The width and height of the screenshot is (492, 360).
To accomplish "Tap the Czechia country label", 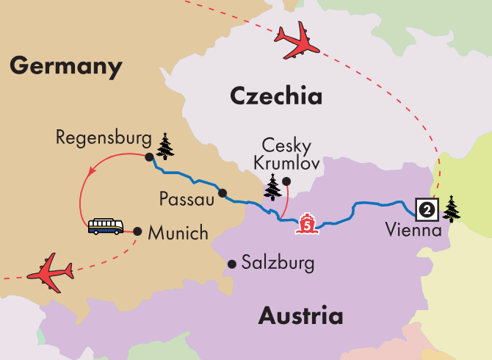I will (276, 96).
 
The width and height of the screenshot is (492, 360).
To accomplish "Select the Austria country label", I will (300, 316).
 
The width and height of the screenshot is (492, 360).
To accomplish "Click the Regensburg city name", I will (101, 138).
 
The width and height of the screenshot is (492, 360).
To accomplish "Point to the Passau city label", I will (188, 199).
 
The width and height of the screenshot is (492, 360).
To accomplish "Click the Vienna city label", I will (413, 231).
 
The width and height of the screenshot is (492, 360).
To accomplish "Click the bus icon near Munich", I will (106, 226).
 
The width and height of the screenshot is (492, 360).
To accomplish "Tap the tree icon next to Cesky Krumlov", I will (273, 187).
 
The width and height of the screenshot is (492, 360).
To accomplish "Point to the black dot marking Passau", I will (222, 194).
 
